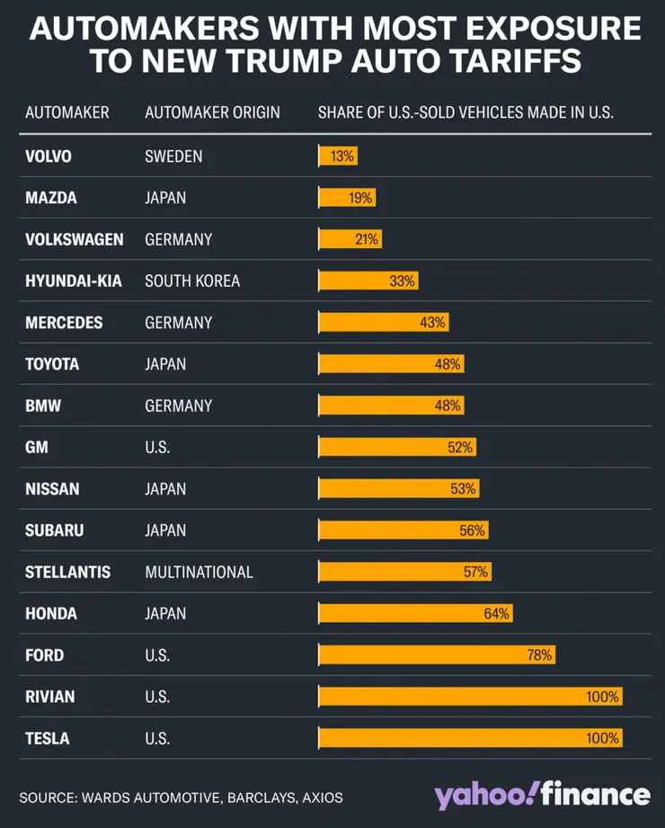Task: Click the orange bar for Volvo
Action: pyautogui.click(x=338, y=156)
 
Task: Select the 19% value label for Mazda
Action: pyautogui.click(x=361, y=198)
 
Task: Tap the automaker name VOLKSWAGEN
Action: pyautogui.click(x=75, y=239)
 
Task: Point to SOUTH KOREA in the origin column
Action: pyautogui.click(x=192, y=280)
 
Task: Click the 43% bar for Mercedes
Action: pyautogui.click(x=383, y=322)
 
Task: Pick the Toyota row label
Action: pyautogui.click(x=52, y=364)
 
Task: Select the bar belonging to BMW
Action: pyautogui.click(x=391, y=405)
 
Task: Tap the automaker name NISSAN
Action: pyautogui.click(x=52, y=489)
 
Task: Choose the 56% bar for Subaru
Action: pyautogui.click(x=404, y=530)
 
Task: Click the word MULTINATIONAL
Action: pyautogui.click(x=199, y=572)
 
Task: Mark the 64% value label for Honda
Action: pyautogui.click(x=497, y=613)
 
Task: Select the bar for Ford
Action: pyautogui.click(x=437, y=655)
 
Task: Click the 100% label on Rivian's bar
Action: pyautogui.click(x=602, y=697)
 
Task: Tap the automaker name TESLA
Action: pyautogui.click(x=48, y=738)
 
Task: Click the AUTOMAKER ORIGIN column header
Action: pyautogui.click(x=212, y=112)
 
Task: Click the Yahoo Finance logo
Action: pyautogui.click(x=541, y=794)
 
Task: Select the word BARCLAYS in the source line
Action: pyautogui.click(x=264, y=797)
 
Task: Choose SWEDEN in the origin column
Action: pyautogui.click(x=173, y=156)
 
